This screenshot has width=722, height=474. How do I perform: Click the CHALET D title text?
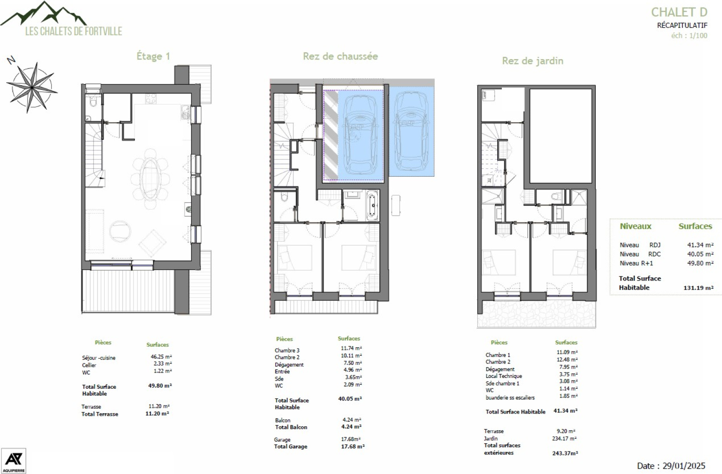click(x=679, y=12)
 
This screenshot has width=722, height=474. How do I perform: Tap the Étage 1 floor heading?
click(x=153, y=56)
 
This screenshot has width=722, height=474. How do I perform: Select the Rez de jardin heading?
click(x=532, y=61)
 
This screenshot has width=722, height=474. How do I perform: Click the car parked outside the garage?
click(x=411, y=131)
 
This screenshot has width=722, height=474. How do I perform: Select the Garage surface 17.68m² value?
click(x=351, y=439)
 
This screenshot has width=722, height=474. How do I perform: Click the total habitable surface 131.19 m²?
click(x=698, y=288)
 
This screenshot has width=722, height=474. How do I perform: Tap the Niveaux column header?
click(x=635, y=226)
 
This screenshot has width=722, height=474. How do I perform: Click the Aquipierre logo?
click(x=13, y=460)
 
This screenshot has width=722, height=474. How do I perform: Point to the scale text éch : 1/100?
click(x=689, y=36)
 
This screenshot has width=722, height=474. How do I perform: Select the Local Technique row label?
click(x=504, y=376)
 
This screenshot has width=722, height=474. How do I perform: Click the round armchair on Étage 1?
click(x=120, y=231)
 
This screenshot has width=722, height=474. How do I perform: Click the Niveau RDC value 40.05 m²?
click(x=700, y=254)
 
